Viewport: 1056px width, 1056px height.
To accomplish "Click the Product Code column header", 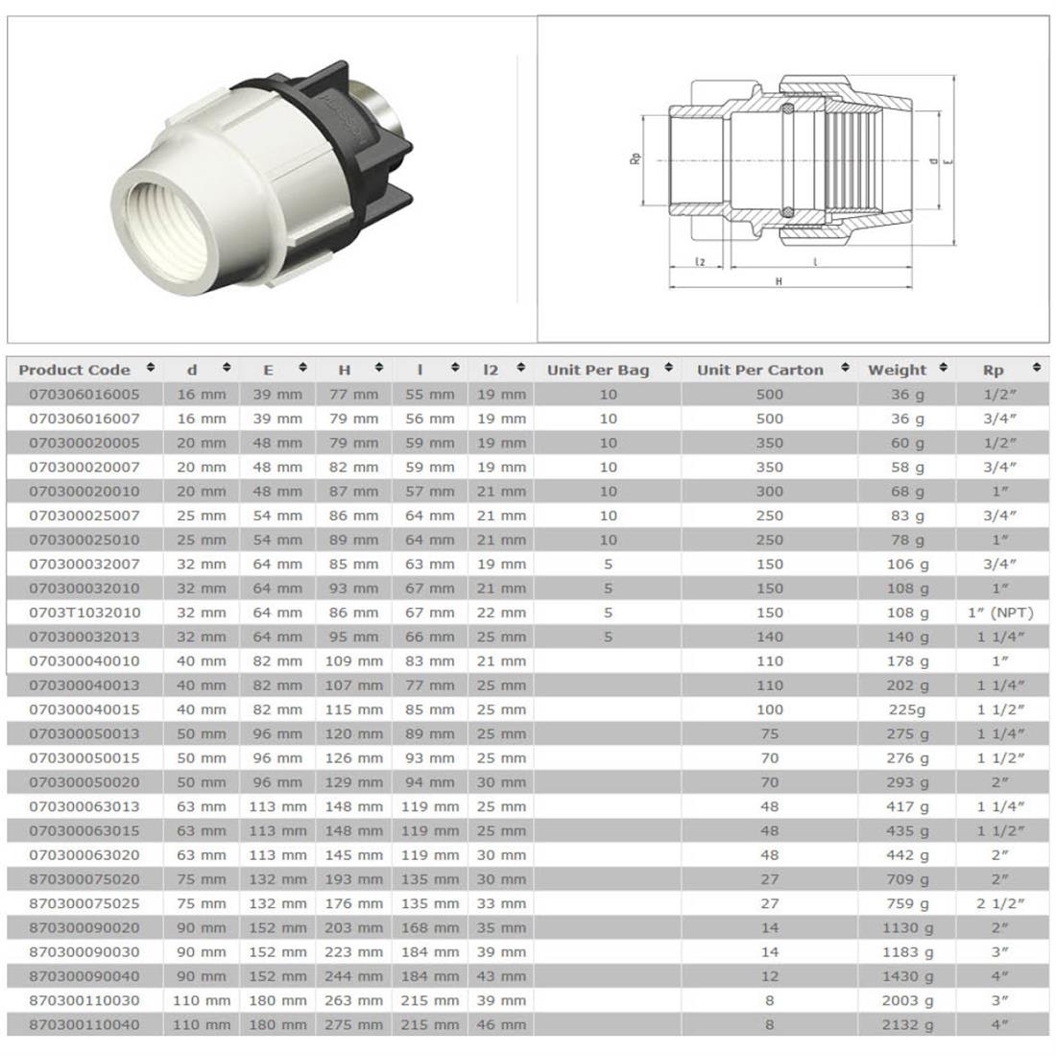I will tap(74, 370).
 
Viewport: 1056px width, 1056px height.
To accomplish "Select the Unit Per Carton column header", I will tap(759, 370).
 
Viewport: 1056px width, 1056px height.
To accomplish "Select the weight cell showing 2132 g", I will tap(907, 1024).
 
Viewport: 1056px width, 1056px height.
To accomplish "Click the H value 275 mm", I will tap(353, 1024).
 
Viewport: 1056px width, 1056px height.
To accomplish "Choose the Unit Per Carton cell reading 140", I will tap(769, 636).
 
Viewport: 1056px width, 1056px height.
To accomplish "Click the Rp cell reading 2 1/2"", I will tap(1000, 903).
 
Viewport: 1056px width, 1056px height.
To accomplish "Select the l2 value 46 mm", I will tap(501, 1024).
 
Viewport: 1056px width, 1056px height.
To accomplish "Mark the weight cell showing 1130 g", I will tap(907, 927).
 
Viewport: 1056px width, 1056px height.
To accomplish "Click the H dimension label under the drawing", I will tap(779, 281).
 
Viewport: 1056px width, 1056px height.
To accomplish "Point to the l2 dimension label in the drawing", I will tap(700, 261).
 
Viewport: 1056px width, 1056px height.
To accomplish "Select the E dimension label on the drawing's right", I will tap(948, 163).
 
